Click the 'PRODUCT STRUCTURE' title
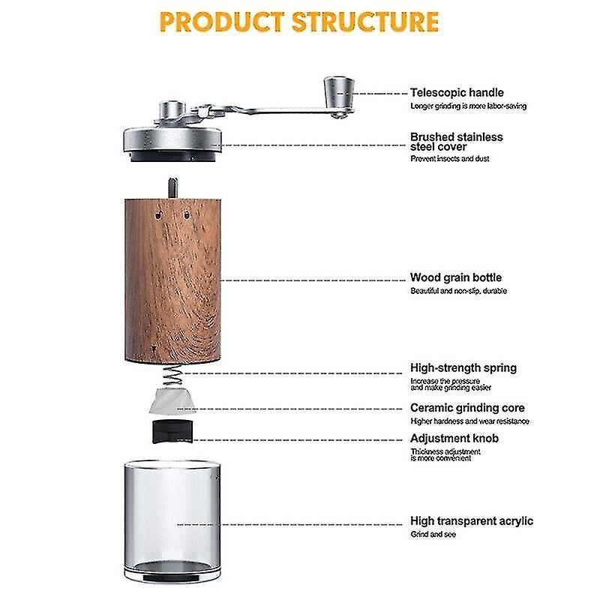[298, 22]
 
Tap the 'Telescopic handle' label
[457, 92]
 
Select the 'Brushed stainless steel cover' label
[457, 142]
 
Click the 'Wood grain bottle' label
[456, 277]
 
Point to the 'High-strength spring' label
[463, 368]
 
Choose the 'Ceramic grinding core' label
[467, 408]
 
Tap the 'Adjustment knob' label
[454, 439]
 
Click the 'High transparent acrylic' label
[472, 521]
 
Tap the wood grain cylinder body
[172, 280]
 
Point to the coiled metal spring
[172, 376]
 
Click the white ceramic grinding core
[172, 400]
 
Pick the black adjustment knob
[172, 432]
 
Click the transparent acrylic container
[172, 521]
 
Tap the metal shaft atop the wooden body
[173, 188]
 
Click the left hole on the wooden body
[158, 216]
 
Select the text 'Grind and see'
[433, 535]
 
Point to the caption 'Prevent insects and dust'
[449, 159]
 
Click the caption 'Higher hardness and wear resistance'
[470, 421]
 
